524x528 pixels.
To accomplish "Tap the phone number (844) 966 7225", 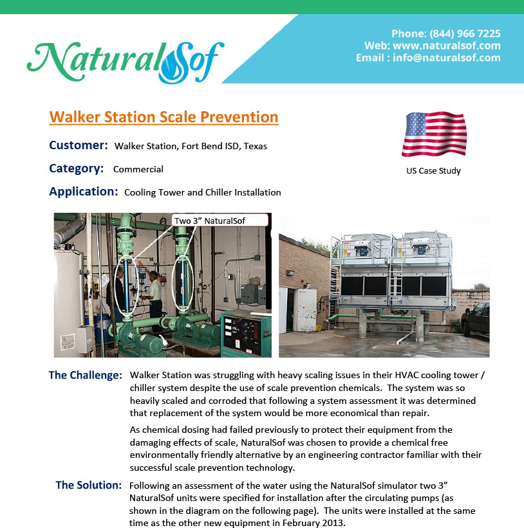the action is (x=465, y=33).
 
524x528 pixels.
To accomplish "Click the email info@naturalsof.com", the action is (x=447, y=58).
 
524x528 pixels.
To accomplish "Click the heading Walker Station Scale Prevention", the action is (x=164, y=117).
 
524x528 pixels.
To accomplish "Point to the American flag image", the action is (x=434, y=134).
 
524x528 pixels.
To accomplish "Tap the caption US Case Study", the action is (x=433, y=170).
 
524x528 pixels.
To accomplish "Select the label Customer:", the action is (x=79, y=145).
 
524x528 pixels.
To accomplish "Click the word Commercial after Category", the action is (x=138, y=169).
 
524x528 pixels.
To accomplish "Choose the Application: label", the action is (x=84, y=191).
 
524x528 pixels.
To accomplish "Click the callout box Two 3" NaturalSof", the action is (x=220, y=221).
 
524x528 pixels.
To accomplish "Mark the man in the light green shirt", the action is (x=153, y=297).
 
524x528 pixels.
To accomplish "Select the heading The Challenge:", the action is (x=85, y=375).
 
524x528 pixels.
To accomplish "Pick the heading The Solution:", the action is (x=89, y=485).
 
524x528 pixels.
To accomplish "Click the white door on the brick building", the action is (x=304, y=310).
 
